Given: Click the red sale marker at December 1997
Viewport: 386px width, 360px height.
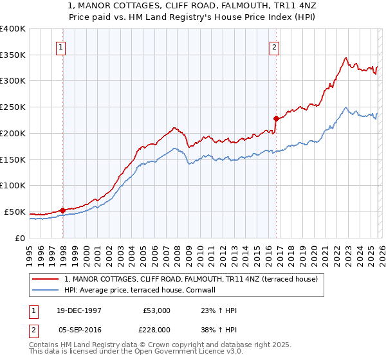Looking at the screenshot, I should click(x=62, y=210).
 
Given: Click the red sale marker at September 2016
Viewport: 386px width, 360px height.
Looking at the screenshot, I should click(x=276, y=118).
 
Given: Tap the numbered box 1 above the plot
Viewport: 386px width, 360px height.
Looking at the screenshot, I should click(x=60, y=46).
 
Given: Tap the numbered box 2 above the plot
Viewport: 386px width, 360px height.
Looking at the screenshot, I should click(x=274, y=46).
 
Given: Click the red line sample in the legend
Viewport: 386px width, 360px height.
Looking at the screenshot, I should click(x=46, y=279).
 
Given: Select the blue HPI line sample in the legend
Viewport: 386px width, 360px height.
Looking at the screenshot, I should click(x=46, y=291).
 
